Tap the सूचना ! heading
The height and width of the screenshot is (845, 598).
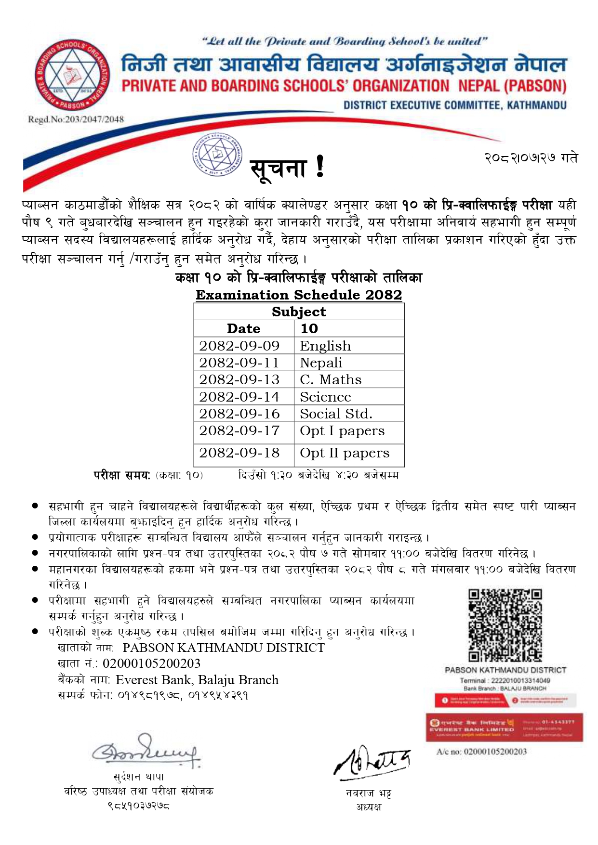coord(287,169)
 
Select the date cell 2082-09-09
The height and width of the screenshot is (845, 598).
coord(239,346)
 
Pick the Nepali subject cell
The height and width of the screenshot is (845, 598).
coord(321,363)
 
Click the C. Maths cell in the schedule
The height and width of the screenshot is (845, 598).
coord(331,379)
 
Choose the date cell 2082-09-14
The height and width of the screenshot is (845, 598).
coord(239,397)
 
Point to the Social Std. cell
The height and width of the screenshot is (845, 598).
coord(336,414)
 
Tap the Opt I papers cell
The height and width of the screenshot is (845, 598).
coord(342,431)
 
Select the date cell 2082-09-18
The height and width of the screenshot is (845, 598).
coord(239,453)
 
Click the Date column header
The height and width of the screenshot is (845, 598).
coord(243,328)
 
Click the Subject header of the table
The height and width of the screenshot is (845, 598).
coord(299,312)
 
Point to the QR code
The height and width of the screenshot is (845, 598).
coord(505,625)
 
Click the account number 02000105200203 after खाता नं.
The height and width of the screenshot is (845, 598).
coord(151,663)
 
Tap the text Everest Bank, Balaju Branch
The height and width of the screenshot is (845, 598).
coord(197,680)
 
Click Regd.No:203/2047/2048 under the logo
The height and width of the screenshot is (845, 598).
coord(76,119)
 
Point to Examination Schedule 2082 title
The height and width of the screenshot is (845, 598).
coord(299,295)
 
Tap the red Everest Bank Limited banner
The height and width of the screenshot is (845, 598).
coord(504,727)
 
